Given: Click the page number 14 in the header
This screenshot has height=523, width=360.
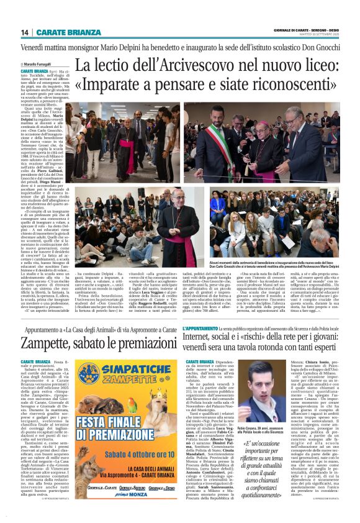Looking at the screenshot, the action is point(25,32).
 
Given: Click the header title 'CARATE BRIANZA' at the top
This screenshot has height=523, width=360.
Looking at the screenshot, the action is point(61,32).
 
